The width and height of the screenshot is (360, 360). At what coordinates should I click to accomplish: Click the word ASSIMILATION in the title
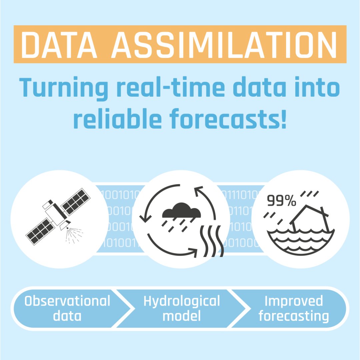224,44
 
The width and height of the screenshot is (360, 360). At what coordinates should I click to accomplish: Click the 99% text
281,201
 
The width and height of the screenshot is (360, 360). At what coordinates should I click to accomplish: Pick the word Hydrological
182,301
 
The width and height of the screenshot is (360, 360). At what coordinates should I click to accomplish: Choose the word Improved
294,301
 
